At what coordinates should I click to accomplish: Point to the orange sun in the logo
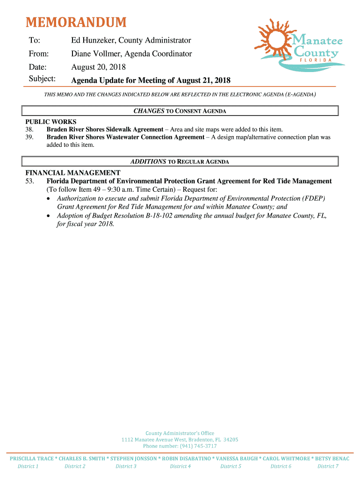click(273, 36)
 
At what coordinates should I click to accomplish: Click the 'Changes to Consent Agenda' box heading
click(180, 111)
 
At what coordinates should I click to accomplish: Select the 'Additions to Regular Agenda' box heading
click(180, 161)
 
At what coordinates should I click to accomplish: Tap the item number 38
click(29, 129)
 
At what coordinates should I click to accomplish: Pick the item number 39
click(29, 137)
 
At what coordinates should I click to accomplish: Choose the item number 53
click(29, 181)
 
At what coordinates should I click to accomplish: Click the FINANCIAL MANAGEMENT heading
click(72, 173)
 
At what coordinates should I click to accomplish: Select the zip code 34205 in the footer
click(230, 440)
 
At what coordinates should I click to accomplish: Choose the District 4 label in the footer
click(180, 466)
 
